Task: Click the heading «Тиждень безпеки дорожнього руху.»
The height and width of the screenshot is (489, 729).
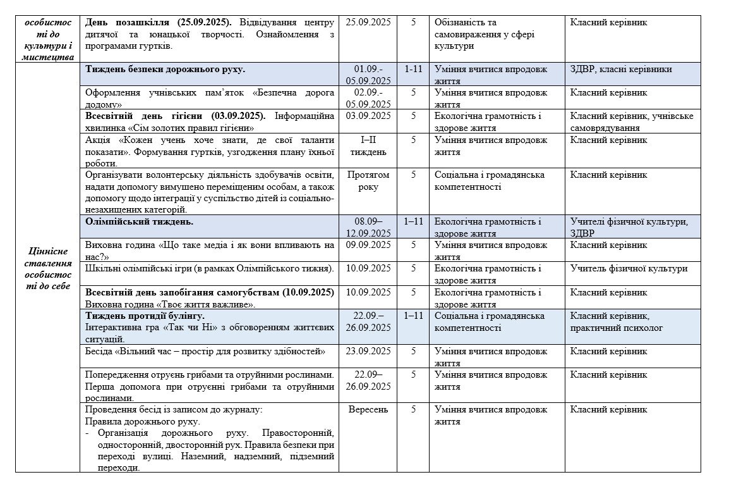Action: click(x=165, y=69)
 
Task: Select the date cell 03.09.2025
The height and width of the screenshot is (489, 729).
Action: click(x=368, y=116)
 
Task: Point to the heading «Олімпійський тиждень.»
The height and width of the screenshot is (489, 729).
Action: click(x=140, y=221)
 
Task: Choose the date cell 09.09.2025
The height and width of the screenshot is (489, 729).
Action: click(x=368, y=245)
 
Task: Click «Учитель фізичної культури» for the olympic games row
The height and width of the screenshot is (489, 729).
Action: click(x=629, y=268)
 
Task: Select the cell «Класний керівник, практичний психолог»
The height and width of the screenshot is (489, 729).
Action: click(x=617, y=321)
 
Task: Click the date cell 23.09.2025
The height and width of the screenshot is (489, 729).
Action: click(x=368, y=350)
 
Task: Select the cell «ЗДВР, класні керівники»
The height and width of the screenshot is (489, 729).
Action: click(x=620, y=69)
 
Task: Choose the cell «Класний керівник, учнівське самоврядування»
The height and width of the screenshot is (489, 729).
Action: click(x=631, y=121)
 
